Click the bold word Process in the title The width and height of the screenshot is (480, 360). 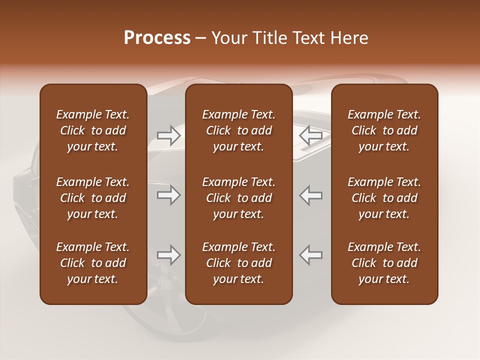click(x=157, y=38)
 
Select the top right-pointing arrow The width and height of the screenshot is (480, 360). click(x=168, y=135)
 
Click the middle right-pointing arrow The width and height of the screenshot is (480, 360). click(x=168, y=195)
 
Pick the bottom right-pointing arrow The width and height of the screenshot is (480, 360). click(x=168, y=255)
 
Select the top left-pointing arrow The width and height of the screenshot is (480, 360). click(x=311, y=135)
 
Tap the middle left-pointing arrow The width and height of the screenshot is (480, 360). click(x=311, y=195)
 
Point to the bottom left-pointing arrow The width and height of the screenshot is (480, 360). click(x=311, y=255)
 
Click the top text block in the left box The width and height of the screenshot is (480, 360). click(x=93, y=130)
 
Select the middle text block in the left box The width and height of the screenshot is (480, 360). click(x=93, y=198)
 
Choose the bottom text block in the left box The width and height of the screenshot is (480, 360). click(x=93, y=263)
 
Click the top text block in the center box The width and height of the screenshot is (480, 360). click(x=238, y=130)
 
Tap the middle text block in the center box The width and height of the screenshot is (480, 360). click(x=238, y=198)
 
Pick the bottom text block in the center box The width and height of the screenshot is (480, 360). click(x=238, y=263)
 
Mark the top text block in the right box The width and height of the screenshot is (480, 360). click(x=384, y=130)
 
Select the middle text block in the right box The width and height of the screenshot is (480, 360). click(x=384, y=198)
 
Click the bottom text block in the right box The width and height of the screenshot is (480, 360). click(x=384, y=263)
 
